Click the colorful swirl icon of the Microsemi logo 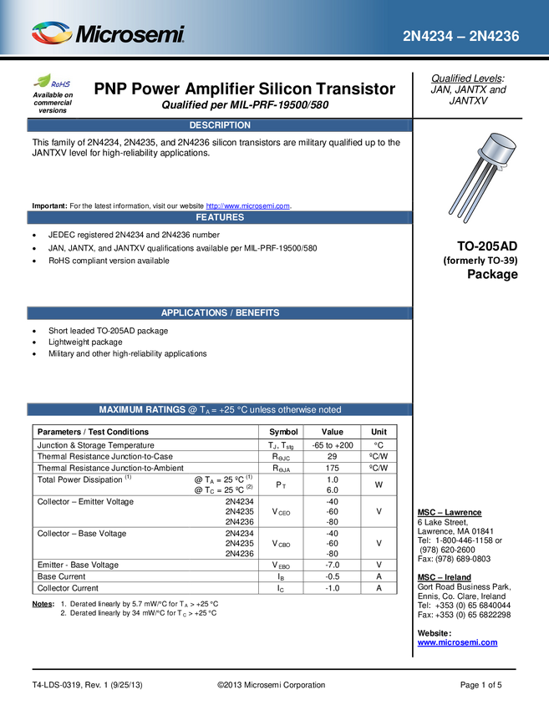tap(52, 33)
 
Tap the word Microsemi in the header tap(130, 34)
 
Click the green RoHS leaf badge tap(53, 83)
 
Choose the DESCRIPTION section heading tap(220, 125)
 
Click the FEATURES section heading tap(220, 217)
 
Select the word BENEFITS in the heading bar tap(257, 312)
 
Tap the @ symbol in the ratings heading tap(192, 409)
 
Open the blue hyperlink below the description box tap(248, 205)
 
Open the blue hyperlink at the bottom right tap(457, 642)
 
